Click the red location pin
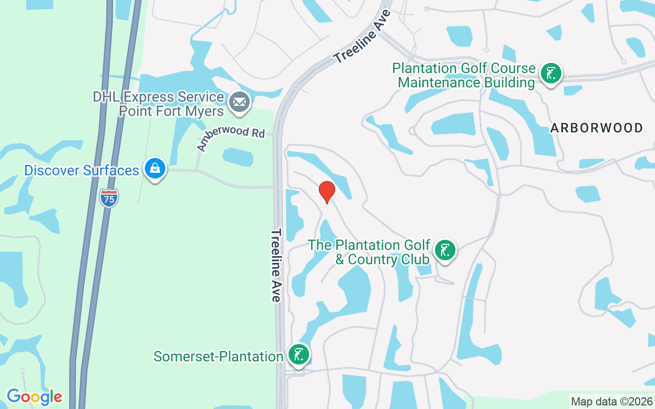tap(326, 192)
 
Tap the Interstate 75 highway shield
tap(109, 197)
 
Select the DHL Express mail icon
tap(239, 101)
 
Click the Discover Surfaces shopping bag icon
tap(154, 168)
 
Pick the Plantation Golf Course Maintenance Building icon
tap(551, 73)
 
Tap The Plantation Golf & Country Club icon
tap(445, 251)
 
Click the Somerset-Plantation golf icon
tap(298, 354)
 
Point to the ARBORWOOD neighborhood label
tap(597, 128)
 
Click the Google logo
tap(34, 396)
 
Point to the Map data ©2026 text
tap(612, 401)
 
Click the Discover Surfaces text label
tap(82, 170)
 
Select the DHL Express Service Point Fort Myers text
tap(158, 104)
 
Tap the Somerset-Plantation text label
tap(219, 356)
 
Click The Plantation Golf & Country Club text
tap(369, 252)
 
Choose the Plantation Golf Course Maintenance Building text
tap(464, 75)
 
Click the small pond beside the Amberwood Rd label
tap(238, 157)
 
